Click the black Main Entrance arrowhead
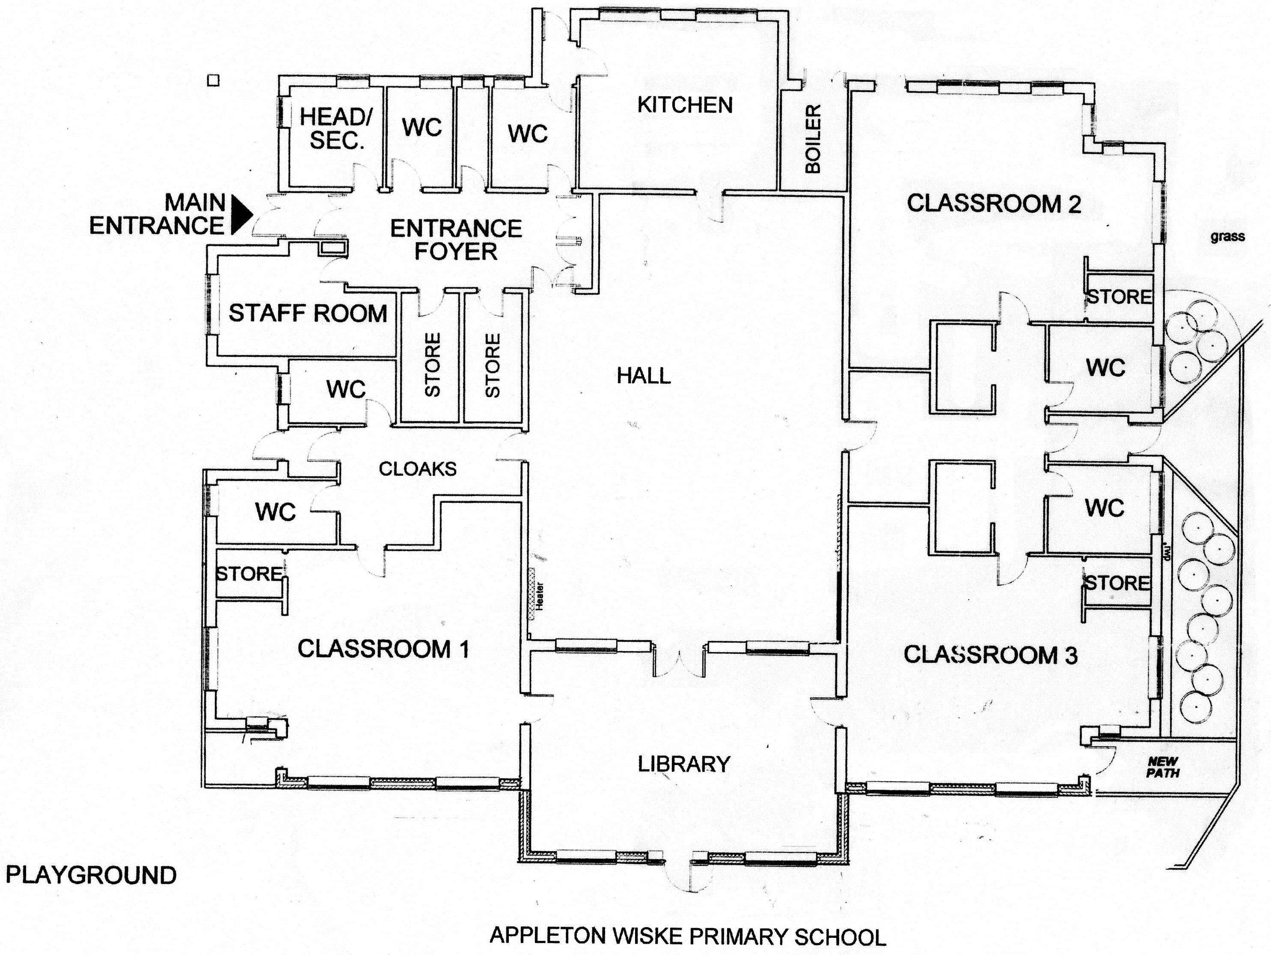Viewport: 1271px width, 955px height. click(240, 214)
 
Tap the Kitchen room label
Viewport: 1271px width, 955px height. click(685, 105)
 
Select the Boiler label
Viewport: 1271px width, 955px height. click(813, 139)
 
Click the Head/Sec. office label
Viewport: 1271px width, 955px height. click(336, 129)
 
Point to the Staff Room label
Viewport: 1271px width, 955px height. click(308, 314)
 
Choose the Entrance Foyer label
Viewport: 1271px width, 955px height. click(456, 240)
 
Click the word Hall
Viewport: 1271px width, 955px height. click(644, 376)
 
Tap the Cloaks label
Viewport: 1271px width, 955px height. click(418, 469)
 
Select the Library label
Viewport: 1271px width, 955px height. click(684, 764)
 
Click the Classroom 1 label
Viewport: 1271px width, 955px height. click(383, 649)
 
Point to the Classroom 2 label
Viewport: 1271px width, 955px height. click(993, 203)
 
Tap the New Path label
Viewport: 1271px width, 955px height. click(1163, 767)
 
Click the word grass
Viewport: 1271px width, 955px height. click(1227, 236)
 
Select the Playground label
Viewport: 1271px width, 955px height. click(91, 875)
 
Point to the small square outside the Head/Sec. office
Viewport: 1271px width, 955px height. click(213, 80)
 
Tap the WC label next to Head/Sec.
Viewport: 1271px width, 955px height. click(422, 128)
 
